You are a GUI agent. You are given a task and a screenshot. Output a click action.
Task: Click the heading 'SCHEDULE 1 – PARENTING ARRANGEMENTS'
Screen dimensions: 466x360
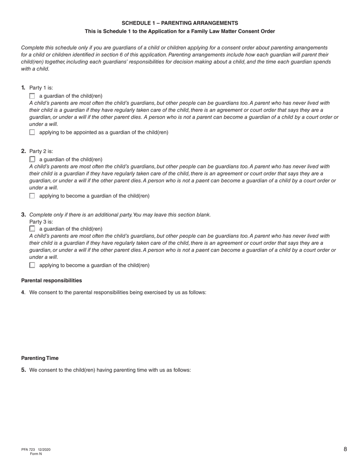click(180, 23)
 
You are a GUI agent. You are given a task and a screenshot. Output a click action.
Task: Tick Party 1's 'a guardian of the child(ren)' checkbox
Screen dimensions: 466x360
click(32, 96)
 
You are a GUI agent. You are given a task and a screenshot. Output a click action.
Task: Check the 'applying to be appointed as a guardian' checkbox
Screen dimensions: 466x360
click(32, 132)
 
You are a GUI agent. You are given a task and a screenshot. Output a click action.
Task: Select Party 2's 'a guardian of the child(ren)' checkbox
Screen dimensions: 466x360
click(32, 160)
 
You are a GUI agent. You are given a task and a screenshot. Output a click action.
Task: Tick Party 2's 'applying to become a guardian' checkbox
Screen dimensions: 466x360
click(32, 196)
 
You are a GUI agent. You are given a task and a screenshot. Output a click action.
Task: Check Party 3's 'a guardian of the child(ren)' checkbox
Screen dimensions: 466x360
click(32, 229)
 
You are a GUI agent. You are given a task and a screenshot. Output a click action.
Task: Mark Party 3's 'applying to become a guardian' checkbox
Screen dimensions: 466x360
click(32, 265)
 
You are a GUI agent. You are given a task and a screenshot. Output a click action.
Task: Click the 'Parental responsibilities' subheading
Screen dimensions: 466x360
click(52, 281)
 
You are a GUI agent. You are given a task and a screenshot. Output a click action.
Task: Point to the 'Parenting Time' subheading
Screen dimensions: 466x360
click(40, 358)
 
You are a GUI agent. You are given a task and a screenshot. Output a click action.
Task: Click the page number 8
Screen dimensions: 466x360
click(345, 449)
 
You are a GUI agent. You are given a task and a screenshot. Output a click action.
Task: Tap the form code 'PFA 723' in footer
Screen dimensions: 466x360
click(28, 450)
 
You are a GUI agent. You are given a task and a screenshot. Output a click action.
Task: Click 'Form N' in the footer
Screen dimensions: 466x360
click(36, 454)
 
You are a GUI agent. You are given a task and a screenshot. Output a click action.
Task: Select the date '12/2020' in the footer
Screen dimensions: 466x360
click(44, 450)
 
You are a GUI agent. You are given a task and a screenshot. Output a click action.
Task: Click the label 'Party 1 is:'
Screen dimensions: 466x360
click(41, 88)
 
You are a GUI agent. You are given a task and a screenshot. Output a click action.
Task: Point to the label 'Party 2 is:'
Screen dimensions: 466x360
click(41, 151)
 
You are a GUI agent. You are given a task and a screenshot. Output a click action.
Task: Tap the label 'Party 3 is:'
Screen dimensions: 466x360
click(41, 222)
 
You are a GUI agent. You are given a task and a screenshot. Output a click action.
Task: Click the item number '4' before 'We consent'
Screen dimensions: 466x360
click(23, 292)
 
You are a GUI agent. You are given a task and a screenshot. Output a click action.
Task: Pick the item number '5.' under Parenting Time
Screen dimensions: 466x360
click(23, 370)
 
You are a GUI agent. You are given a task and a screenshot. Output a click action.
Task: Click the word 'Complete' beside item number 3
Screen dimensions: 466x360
click(40, 215)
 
